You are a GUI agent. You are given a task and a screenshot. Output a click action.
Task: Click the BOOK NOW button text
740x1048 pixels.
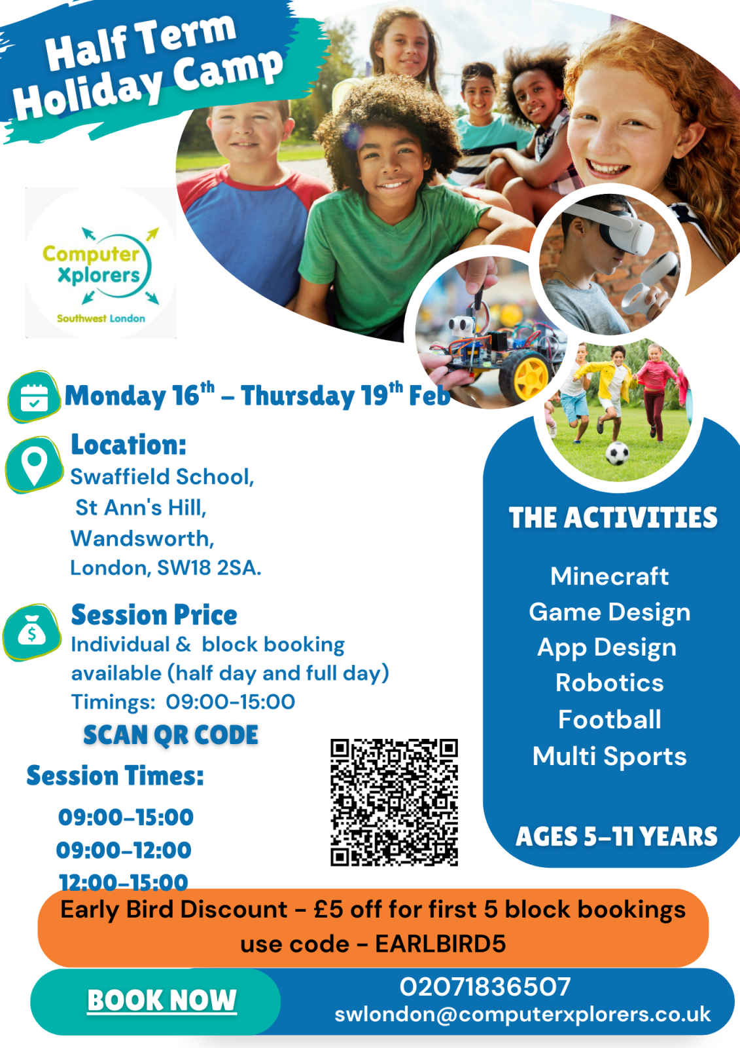162,1000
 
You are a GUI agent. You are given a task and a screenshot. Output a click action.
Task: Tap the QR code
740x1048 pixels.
394,802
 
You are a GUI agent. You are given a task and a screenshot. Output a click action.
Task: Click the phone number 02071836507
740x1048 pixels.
485,986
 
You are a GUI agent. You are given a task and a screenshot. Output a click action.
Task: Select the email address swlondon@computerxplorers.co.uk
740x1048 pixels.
522,1015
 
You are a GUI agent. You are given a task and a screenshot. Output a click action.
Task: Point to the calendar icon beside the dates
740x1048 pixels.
34,397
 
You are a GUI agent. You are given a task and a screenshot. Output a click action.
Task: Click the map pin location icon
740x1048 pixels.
34,464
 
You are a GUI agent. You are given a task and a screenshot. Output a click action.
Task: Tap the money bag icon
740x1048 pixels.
32,631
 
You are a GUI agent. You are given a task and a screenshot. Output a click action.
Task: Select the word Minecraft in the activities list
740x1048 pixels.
609,576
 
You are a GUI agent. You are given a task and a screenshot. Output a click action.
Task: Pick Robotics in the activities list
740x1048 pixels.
610,683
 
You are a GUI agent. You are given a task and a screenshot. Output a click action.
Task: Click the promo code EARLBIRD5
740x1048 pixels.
440,944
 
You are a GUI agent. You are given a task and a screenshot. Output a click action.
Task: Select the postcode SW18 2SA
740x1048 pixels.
209,568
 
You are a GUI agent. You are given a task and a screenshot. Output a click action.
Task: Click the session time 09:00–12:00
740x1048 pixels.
124,850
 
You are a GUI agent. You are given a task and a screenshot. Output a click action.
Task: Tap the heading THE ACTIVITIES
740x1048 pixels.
613,517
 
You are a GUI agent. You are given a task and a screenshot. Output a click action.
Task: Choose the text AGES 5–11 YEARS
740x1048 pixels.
616,836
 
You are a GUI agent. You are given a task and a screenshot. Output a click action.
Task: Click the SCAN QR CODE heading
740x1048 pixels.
171,734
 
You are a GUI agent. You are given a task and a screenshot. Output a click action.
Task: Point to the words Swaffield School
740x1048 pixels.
162,477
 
